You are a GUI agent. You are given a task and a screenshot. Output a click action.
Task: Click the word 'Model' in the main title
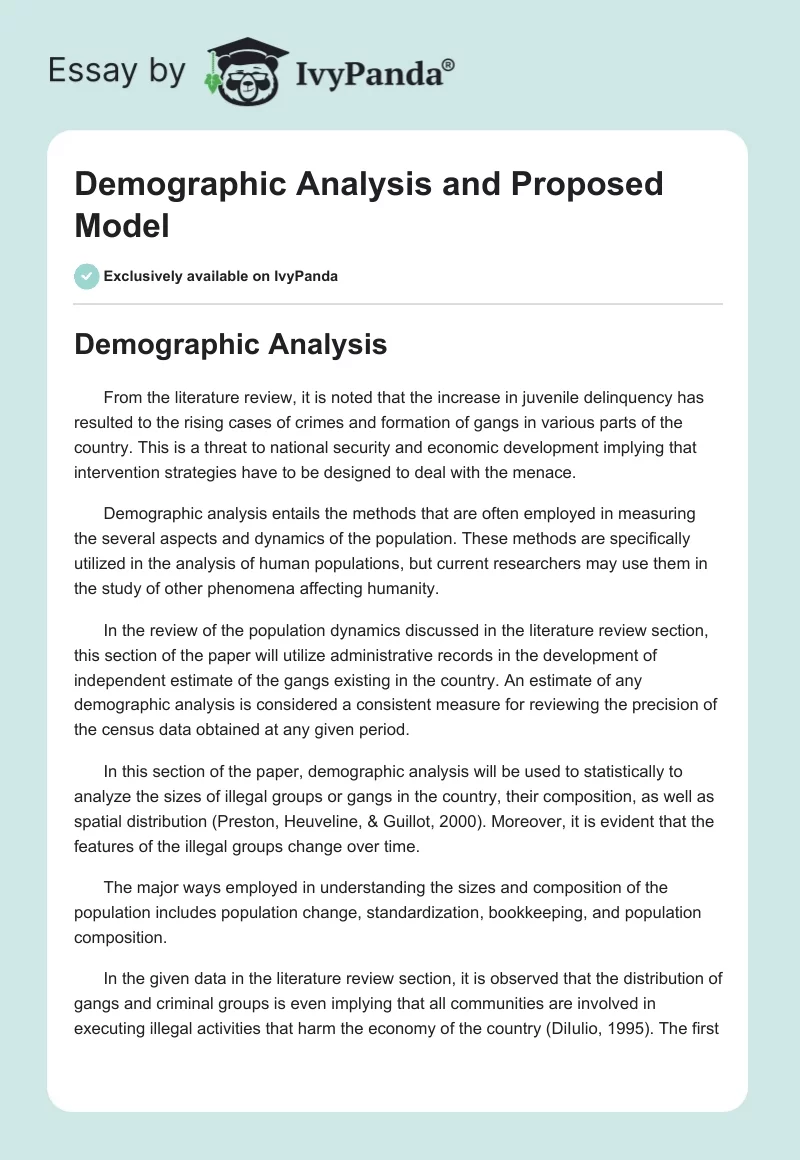[x=122, y=225]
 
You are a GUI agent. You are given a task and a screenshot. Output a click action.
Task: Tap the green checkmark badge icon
[x=87, y=276]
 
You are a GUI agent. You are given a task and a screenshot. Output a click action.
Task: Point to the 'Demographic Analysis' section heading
[x=231, y=344]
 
